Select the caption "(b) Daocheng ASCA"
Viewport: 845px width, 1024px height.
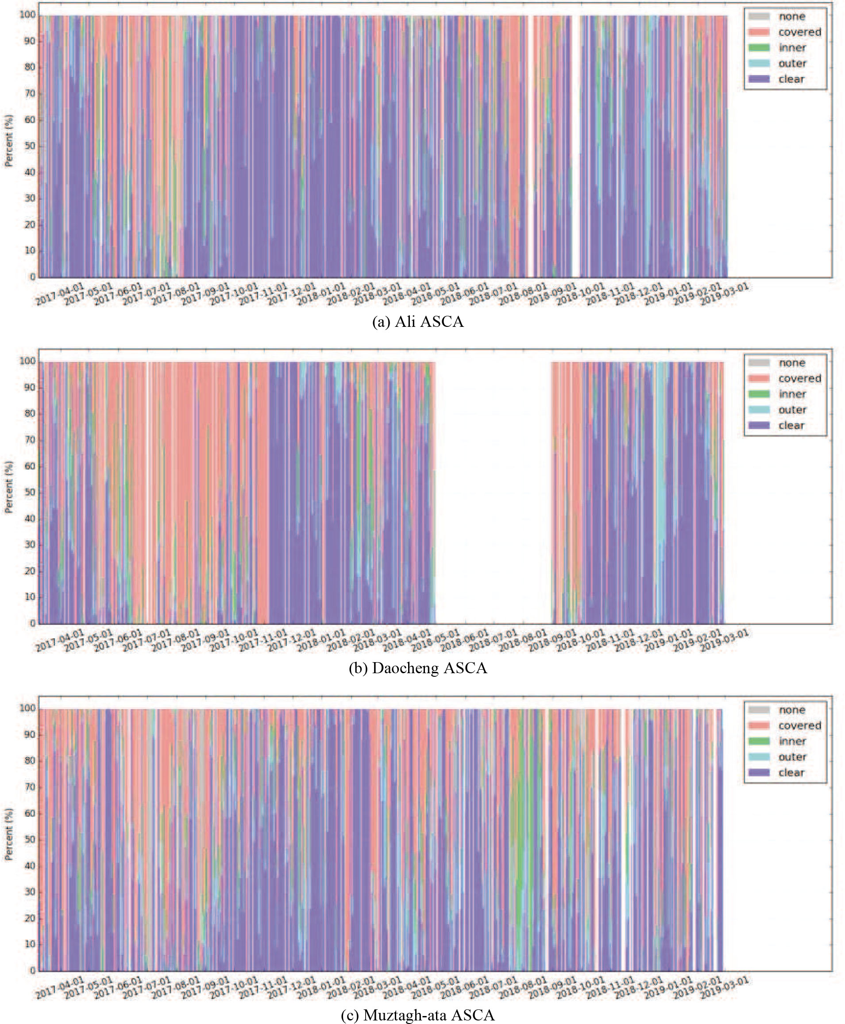[418, 668]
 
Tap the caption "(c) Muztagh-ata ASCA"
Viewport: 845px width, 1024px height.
[418, 1015]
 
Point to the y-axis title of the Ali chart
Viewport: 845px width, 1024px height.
[9, 141]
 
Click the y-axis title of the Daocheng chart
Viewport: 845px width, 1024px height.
[9, 487]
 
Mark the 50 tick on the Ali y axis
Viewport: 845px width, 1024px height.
[30, 146]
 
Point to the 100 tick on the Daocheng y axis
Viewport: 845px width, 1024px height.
[27, 361]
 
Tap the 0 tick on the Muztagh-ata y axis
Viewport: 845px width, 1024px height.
[33, 970]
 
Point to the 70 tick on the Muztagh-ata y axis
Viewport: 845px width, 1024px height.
[30, 787]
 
